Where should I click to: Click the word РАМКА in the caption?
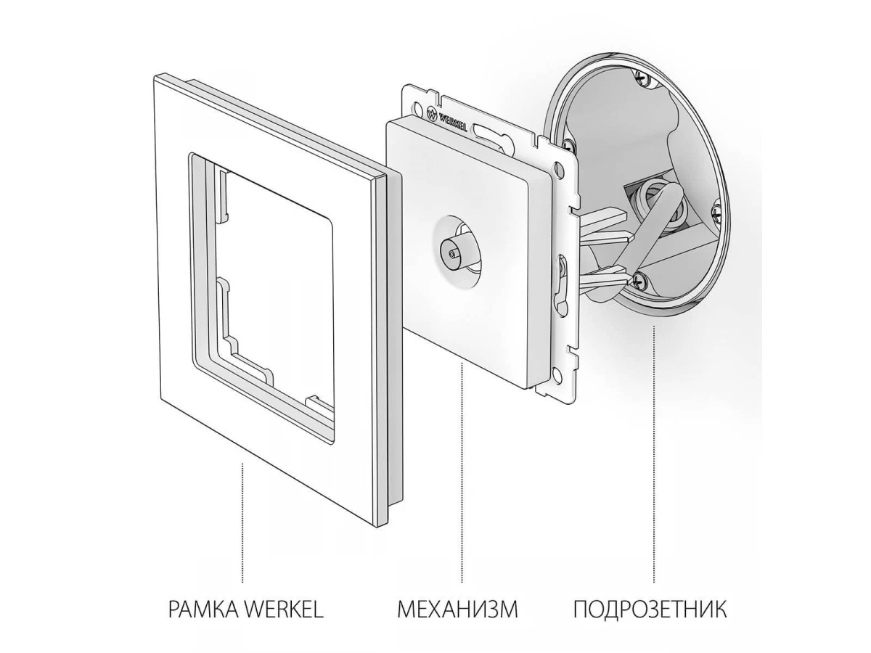pos(203,620)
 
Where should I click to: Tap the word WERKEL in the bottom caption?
pos(283,620)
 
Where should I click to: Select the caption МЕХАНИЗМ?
pos(457,620)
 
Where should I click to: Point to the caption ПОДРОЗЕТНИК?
pos(650,620)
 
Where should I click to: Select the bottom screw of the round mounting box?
pos(639,280)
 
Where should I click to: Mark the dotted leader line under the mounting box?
pos(653,460)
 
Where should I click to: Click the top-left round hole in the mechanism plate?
pos(417,107)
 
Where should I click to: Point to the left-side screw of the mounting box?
pos(569,144)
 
